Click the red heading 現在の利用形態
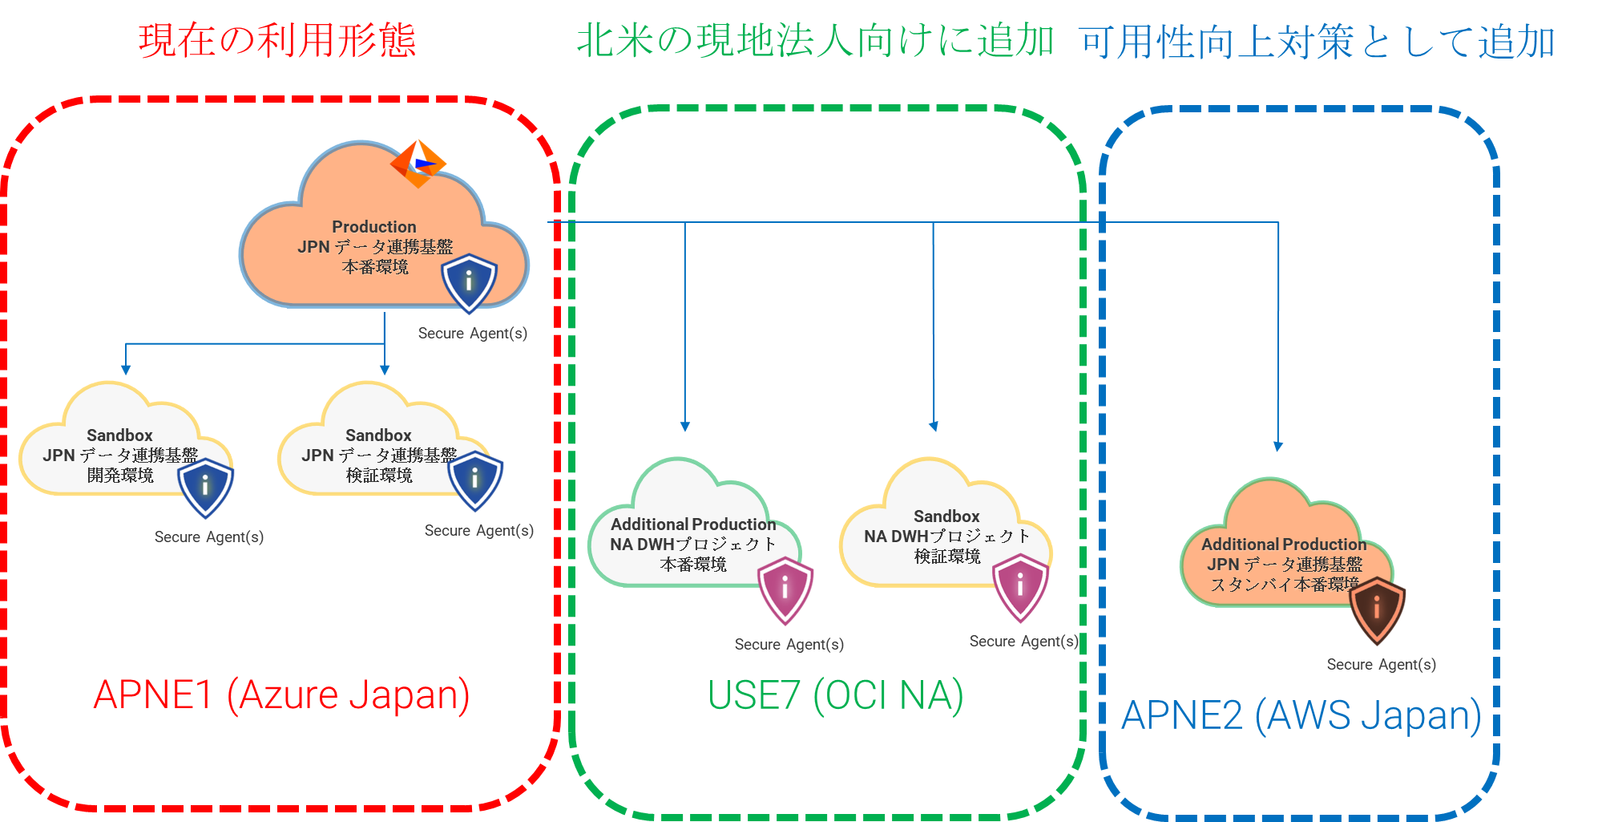(276, 40)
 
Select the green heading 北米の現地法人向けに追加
(814, 40)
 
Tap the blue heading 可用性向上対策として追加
(1317, 42)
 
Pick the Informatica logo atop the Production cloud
(418, 163)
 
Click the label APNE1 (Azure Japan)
(281, 694)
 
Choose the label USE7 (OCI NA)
(835, 695)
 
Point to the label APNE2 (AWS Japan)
(1301, 715)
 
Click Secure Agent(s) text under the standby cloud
(1381, 664)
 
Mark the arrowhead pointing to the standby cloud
(1278, 447)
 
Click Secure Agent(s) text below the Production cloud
(472, 333)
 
